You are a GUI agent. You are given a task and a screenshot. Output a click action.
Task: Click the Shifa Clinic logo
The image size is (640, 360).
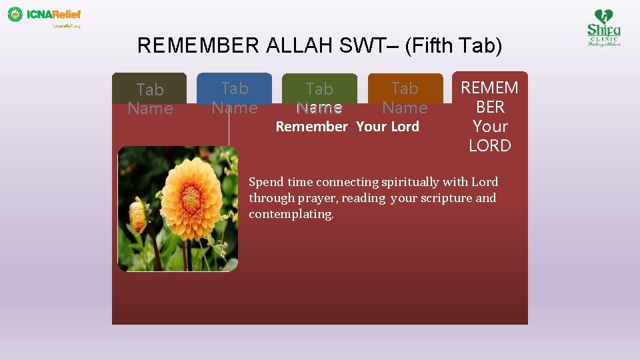(603, 27)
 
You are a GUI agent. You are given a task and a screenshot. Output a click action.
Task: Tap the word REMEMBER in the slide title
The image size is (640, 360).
(198, 45)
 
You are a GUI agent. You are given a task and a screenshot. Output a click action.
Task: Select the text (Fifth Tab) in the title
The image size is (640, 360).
(453, 45)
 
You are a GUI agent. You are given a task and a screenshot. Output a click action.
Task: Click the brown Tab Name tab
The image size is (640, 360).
(149, 98)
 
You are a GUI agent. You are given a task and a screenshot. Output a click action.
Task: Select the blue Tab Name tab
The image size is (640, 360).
(234, 97)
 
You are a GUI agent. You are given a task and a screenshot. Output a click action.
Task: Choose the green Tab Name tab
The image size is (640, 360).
(319, 97)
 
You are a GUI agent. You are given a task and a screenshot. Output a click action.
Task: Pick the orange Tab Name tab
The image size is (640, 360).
(405, 97)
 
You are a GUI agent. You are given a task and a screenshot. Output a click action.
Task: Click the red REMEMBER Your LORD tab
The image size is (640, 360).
(489, 116)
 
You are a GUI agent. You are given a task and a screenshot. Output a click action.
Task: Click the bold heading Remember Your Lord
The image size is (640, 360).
(347, 127)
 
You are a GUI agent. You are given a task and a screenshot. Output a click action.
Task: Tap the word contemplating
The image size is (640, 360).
(291, 214)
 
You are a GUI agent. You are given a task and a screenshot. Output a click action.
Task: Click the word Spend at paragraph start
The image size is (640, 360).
(266, 182)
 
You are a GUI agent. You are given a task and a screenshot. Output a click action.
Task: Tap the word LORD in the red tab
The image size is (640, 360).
(489, 145)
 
